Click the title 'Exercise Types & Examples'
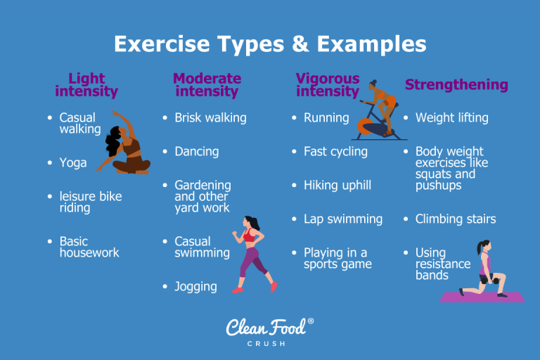(270, 44)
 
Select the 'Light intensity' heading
(86, 85)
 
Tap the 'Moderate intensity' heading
(207, 84)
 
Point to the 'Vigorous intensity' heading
(327, 84)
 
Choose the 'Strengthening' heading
(456, 85)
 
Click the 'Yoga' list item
(73, 162)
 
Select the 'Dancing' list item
(196, 151)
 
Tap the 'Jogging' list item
(195, 286)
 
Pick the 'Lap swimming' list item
(342, 219)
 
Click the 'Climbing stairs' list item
(455, 219)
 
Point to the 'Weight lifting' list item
(451, 117)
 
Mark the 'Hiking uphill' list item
(337, 185)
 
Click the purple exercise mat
(482, 297)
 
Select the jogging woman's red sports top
(250, 236)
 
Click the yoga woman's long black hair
(112, 144)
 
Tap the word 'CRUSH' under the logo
(270, 343)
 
